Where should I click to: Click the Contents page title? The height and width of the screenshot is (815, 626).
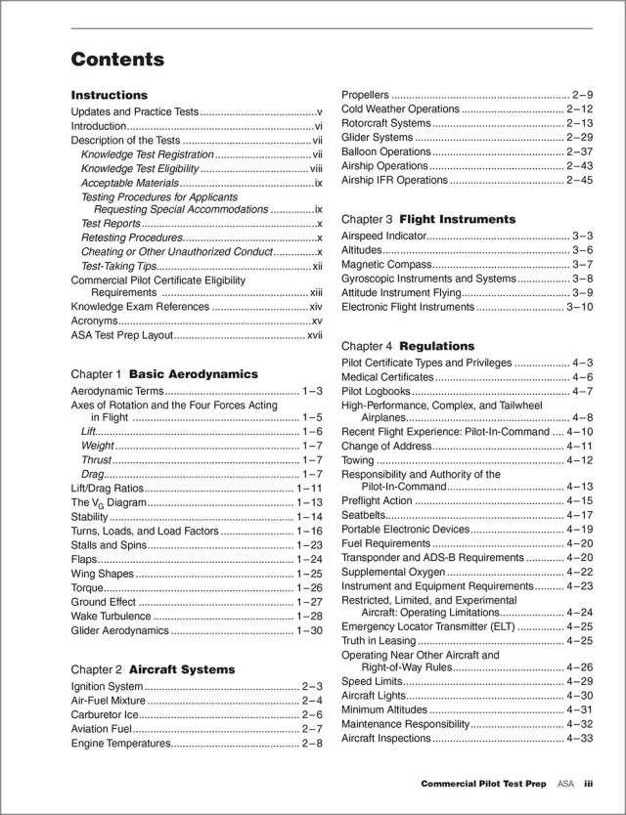(117, 60)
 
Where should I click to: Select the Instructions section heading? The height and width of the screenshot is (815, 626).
(110, 96)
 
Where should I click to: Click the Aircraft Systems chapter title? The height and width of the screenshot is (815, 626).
(182, 669)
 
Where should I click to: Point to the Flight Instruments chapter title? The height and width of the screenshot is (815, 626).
(457, 220)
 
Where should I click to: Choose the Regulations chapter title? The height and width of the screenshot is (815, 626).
(436, 346)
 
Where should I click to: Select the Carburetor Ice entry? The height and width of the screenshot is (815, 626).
(106, 714)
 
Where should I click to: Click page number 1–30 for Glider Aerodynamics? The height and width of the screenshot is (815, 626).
(309, 631)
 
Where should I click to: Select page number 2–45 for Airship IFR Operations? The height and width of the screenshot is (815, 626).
(580, 181)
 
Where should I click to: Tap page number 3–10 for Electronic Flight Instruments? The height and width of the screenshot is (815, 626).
(580, 307)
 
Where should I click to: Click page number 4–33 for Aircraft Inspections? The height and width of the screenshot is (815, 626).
(580, 739)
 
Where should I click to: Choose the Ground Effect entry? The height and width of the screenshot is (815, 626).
(104, 603)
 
